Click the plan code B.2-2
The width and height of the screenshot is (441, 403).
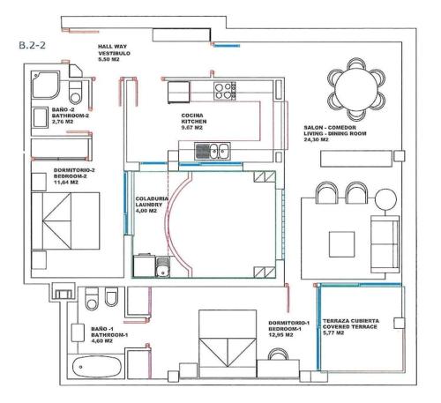coord(33,45)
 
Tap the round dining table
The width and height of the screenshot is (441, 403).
coord(356,89)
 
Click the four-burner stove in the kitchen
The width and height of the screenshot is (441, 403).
coord(225,91)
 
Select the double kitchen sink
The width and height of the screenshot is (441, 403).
coord(213,151)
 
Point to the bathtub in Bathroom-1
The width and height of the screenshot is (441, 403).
coord(97,367)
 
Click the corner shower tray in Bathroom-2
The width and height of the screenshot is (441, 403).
coord(46,85)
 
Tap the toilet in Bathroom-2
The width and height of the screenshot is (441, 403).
coord(76,93)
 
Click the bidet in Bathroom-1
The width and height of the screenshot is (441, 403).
coord(111,297)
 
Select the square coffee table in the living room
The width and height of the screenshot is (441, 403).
coord(341,244)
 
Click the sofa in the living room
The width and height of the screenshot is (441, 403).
coord(385,244)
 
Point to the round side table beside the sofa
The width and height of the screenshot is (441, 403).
coord(385,199)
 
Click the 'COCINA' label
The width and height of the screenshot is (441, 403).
coord(192,116)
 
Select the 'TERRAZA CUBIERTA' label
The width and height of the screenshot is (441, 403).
coord(351,321)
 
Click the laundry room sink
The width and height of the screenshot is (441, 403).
coord(162,267)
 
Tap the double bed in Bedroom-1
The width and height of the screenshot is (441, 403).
coord(228,343)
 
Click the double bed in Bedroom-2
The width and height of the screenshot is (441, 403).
coord(65,221)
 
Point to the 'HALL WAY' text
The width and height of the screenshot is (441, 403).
coord(112,47)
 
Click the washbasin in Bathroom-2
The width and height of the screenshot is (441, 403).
coord(40,118)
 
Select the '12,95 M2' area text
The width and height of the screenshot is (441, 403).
coord(280,335)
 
